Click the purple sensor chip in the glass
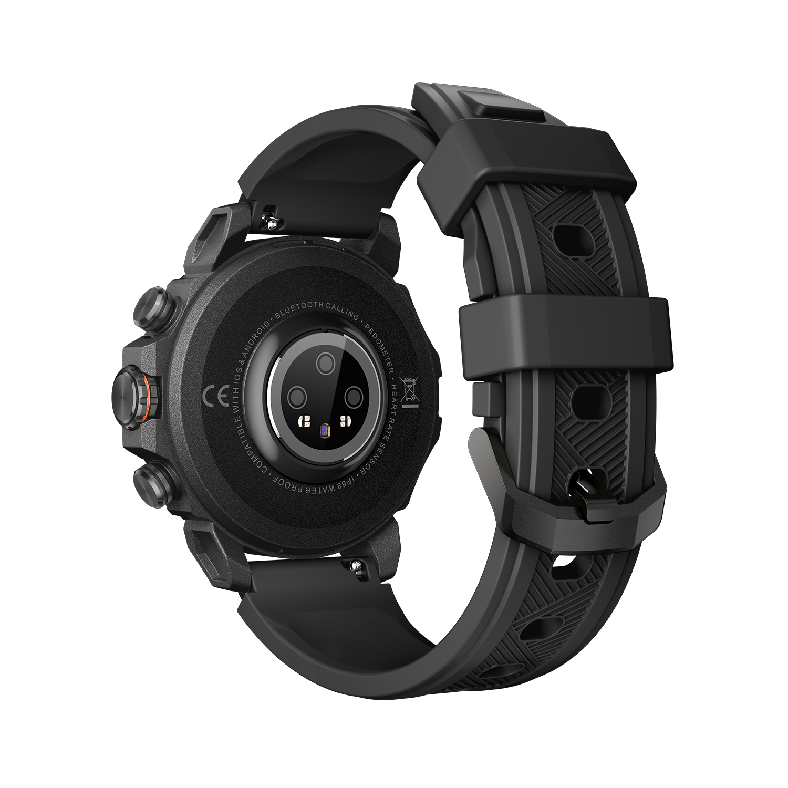point(324,431)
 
